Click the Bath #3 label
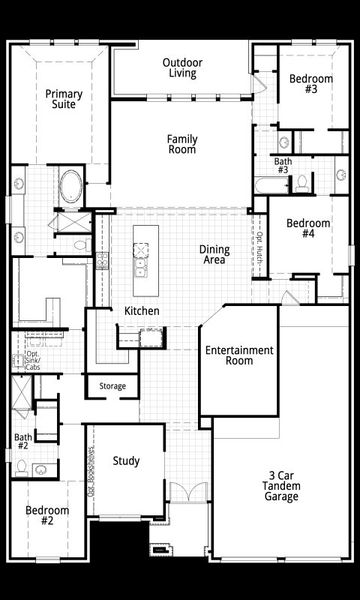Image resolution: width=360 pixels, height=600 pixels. coord(284,166)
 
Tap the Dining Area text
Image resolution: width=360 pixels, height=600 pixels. coord(214,255)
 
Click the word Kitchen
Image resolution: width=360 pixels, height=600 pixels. coord(142,312)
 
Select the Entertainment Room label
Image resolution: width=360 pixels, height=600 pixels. coord(239,357)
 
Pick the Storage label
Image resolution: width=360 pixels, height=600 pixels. coord(112,386)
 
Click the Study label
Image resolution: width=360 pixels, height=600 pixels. coord(126,461)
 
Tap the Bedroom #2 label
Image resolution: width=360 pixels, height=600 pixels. coord(47,515)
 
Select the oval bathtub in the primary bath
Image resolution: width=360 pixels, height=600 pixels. coord(69,187)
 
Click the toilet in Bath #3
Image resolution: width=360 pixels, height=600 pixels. coord(302,183)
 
